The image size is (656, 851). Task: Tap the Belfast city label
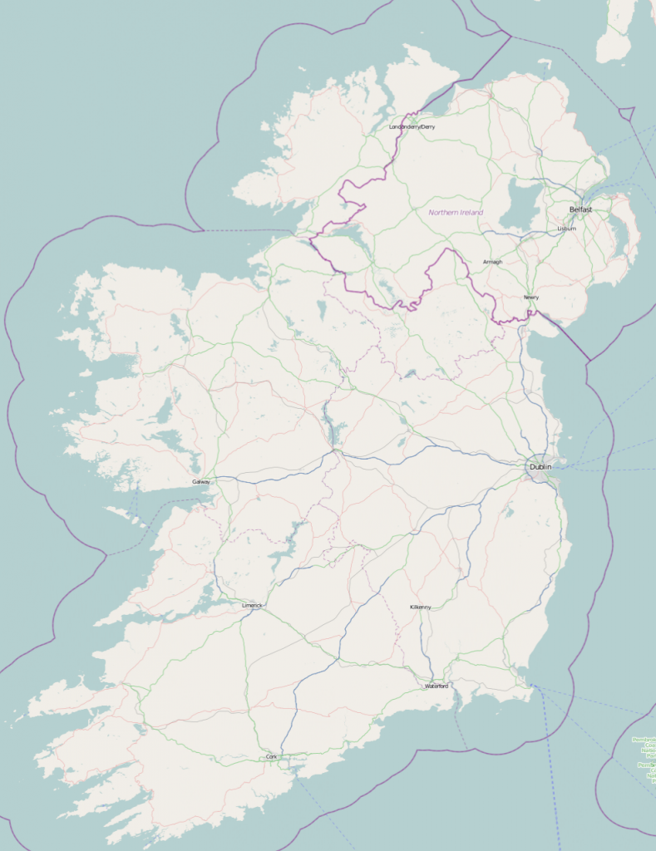point(580,209)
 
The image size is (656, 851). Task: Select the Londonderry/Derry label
point(412,127)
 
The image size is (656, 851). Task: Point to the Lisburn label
point(566,229)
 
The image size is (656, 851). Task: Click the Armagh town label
point(492,263)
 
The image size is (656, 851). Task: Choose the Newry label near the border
point(530,298)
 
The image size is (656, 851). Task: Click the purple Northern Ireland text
point(456,213)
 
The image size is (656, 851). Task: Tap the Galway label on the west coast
point(201,482)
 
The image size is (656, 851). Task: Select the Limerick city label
point(251,606)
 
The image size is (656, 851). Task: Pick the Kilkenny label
point(421,608)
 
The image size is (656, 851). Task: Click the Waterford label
point(437,686)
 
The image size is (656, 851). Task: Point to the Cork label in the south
point(271,757)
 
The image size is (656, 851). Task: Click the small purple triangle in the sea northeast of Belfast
point(627,112)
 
